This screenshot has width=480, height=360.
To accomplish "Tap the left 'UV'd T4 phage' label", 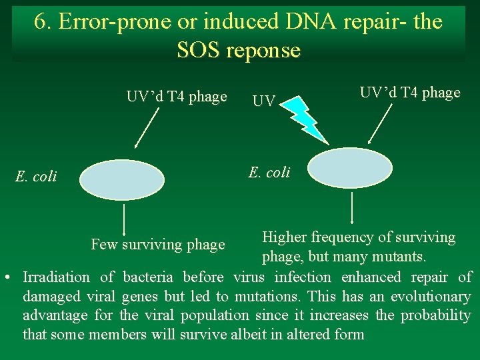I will pos(177,97).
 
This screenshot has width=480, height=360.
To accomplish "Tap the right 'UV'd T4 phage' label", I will pos(410,93).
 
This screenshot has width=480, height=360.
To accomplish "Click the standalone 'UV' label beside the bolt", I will pos(263,102).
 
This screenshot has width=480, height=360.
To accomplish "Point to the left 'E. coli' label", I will pos(36,177).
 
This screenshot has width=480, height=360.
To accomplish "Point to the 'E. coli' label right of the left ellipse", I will pos(269,173).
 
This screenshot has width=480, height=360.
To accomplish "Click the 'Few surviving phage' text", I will pos(158,245).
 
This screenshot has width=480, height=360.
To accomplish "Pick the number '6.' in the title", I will pos(44,22).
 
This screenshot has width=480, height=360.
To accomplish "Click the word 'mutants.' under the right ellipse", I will pos(407,257).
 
